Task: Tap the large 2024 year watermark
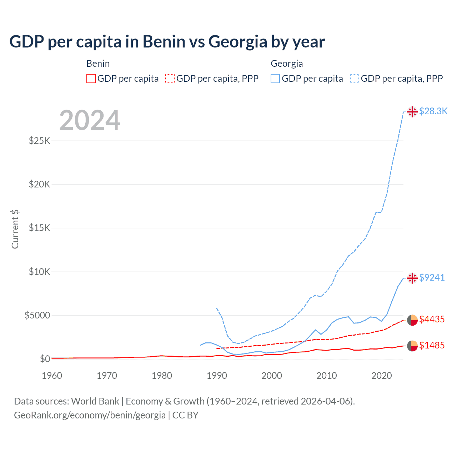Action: click(90, 120)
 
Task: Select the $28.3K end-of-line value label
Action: click(433, 111)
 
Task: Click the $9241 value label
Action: click(432, 277)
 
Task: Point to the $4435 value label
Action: click(432, 319)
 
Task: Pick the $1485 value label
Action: click(432, 345)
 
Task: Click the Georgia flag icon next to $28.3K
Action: click(412, 111)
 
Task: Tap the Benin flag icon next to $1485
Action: click(412, 346)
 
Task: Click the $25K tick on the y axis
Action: click(39, 141)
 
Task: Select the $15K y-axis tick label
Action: click(39, 228)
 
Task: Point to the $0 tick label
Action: click(45, 359)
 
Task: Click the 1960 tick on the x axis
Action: click(52, 376)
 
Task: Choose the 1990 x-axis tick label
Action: click(217, 376)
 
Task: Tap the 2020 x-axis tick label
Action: click(382, 376)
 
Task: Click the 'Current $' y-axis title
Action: click(15, 229)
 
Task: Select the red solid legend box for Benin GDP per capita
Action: click(91, 79)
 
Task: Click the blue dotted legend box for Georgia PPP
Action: click(355, 79)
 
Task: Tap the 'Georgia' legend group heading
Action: click(287, 64)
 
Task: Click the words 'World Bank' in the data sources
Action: click(95, 401)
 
